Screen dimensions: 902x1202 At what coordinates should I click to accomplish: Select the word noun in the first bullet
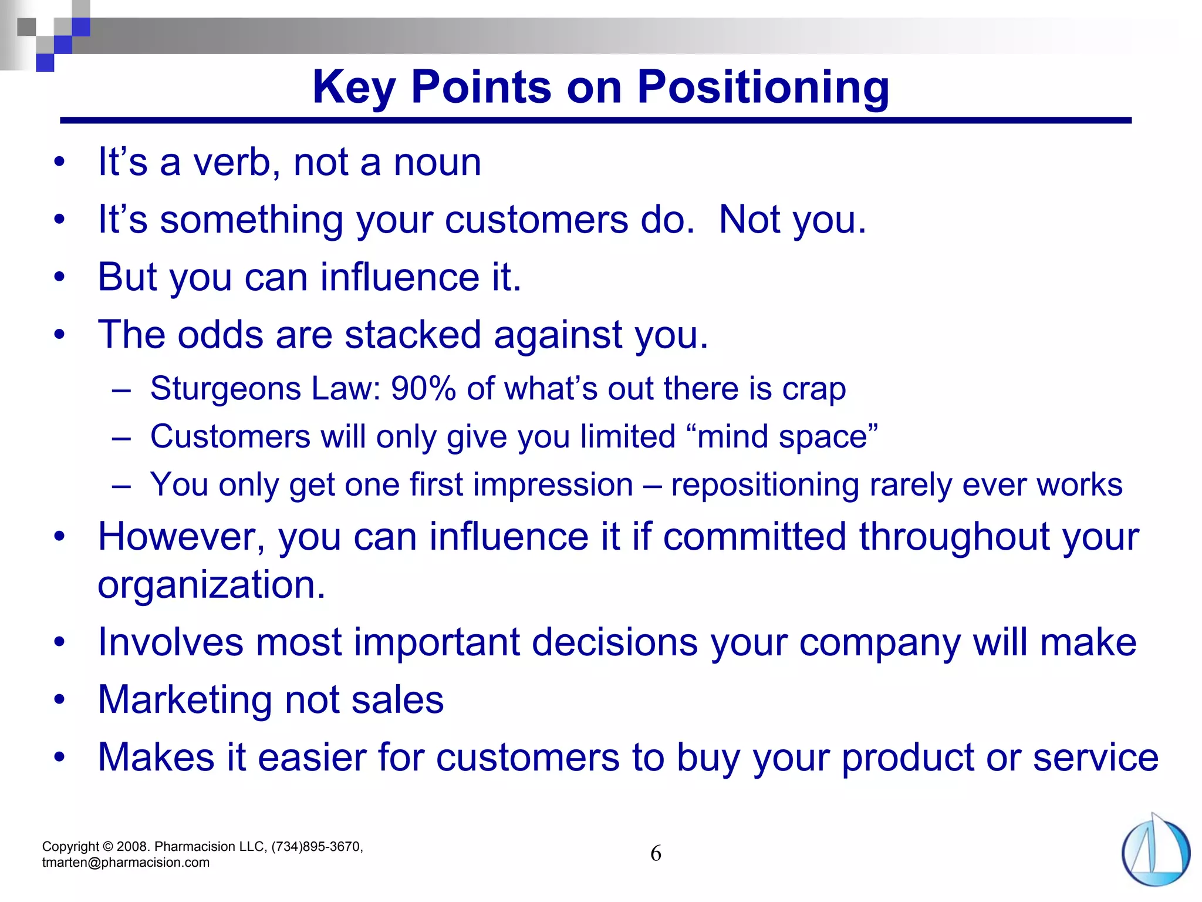click(437, 162)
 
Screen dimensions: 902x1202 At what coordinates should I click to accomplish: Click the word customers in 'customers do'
click(536, 220)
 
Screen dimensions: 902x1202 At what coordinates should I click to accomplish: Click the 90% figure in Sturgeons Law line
click(423, 389)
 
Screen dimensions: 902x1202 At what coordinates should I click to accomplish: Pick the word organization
click(211, 585)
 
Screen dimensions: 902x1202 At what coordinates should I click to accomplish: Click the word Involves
click(170, 642)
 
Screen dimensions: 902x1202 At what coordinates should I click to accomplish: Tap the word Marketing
click(185, 700)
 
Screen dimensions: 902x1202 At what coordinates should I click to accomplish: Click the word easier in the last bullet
click(312, 758)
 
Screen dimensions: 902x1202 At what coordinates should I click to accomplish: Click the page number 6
click(656, 853)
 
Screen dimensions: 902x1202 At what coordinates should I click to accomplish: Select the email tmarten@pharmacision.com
click(126, 863)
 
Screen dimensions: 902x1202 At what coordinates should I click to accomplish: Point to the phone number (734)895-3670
click(317, 847)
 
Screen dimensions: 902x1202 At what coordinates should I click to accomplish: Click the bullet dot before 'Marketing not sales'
click(59, 700)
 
